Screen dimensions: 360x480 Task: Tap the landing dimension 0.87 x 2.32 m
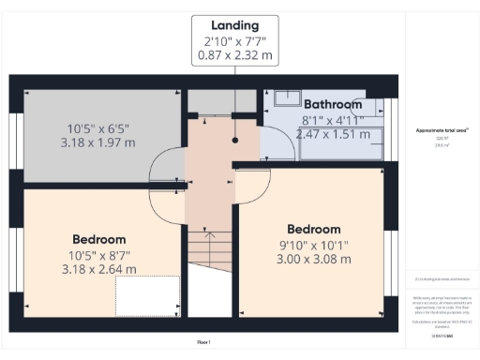point(235,55)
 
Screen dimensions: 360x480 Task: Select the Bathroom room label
point(332,104)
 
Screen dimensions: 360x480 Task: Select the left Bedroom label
point(99,239)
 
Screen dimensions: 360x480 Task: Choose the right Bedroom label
point(314,230)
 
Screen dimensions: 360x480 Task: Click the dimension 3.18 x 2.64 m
point(99,269)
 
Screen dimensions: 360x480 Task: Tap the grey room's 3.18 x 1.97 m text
point(98,142)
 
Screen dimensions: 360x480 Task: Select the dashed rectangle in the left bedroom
point(147,297)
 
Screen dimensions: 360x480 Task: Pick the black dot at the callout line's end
point(235,141)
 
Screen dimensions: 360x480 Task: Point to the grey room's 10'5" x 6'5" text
point(99,128)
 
